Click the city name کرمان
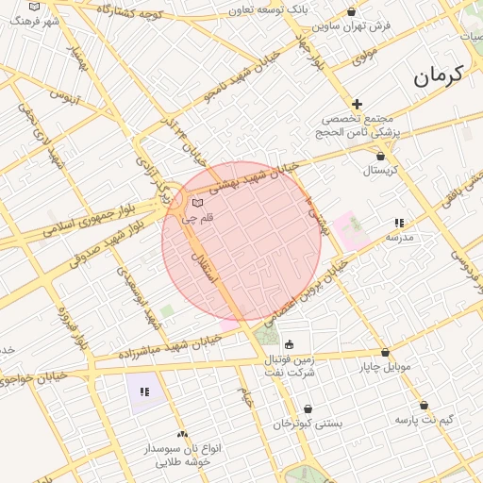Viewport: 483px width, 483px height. pos(439,75)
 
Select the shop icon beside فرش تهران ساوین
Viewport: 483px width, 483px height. pos(352,12)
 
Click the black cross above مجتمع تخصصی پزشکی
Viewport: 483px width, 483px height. pos(357,104)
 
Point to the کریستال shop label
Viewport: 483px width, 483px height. pos(381,171)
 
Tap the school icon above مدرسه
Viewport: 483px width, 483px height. pos(399,223)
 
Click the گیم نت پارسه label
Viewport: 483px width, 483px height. pos(424,418)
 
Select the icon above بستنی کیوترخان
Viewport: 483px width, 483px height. pos(308,409)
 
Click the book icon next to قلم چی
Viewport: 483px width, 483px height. pos(197,203)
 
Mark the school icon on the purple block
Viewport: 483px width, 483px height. pos(143,391)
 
